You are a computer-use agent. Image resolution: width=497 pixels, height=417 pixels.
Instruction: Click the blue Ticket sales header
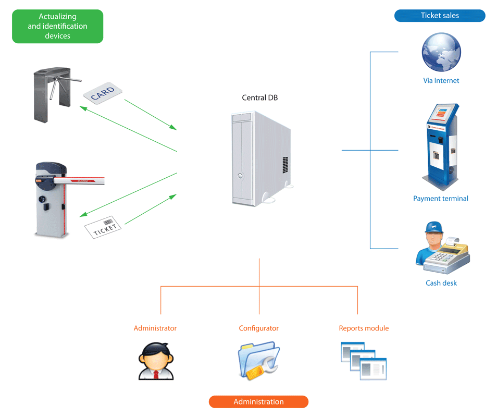point(440,16)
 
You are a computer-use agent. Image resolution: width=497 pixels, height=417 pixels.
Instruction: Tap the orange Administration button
point(258,402)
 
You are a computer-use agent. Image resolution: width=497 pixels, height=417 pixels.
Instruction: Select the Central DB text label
point(260,97)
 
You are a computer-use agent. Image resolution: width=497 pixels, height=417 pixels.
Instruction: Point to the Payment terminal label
point(441,199)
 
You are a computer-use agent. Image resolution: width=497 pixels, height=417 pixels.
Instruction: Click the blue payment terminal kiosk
point(441,146)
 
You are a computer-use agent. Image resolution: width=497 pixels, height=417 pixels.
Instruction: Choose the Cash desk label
point(441,283)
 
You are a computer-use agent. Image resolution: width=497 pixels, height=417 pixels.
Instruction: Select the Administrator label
point(155,328)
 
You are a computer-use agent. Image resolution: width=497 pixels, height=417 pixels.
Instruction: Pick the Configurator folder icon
point(258,361)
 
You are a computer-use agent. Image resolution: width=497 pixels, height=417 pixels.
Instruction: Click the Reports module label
point(364,328)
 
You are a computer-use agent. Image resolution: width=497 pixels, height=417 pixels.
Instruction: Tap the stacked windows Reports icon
point(363,361)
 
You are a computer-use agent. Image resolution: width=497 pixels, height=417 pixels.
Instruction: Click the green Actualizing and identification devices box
point(57,26)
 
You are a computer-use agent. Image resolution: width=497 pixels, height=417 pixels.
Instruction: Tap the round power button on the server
point(240,177)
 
